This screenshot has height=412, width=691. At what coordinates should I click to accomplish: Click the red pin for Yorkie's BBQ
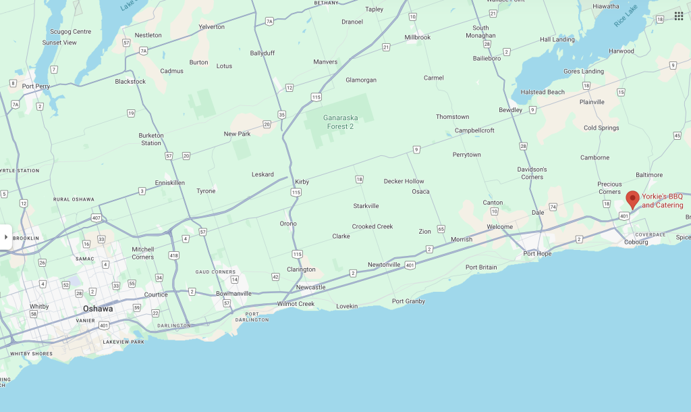click(632, 199)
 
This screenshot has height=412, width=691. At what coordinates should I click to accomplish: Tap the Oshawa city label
click(98, 309)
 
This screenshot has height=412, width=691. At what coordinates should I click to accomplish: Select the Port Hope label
click(537, 254)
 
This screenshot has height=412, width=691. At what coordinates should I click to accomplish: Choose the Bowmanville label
click(233, 294)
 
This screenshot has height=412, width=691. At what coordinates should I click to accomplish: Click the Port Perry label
click(36, 86)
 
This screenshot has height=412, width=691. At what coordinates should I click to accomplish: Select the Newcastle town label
click(310, 287)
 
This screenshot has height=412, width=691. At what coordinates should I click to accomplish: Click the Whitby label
click(39, 306)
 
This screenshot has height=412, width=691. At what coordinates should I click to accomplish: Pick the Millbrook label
click(417, 37)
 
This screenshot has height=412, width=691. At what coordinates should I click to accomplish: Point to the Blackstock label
click(130, 82)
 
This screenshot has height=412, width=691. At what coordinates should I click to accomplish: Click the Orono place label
click(288, 224)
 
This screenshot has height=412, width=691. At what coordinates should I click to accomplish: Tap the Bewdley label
click(510, 109)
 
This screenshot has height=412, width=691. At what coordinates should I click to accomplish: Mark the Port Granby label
click(408, 301)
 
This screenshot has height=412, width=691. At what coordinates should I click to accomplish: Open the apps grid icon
click(678, 16)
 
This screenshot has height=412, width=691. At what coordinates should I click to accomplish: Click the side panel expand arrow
click(6, 237)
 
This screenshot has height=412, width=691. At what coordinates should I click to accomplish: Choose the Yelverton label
click(211, 26)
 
